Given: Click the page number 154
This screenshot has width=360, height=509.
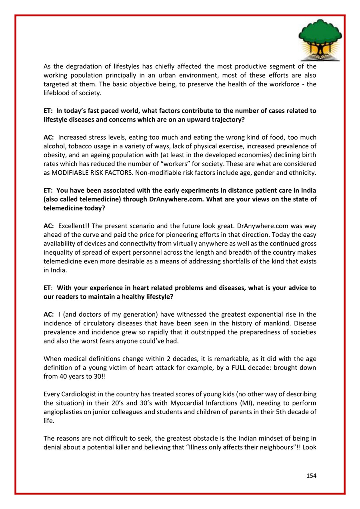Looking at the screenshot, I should (311, 475).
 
